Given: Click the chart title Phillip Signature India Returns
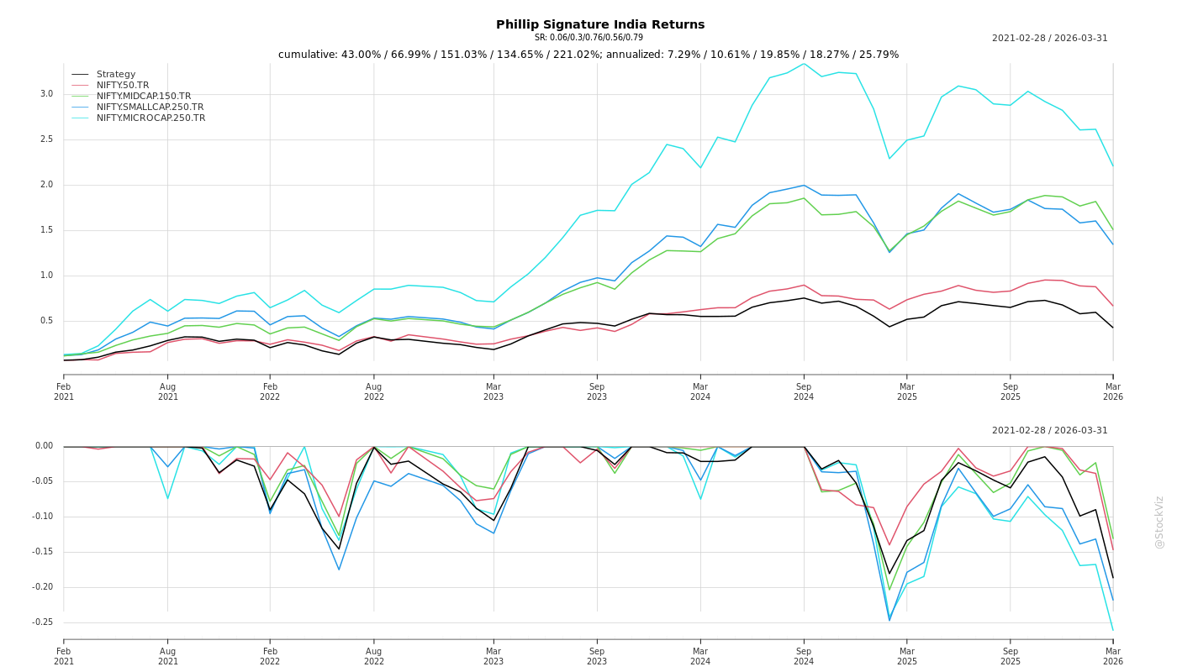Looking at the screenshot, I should [x=600, y=24].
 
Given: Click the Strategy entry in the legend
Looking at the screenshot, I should [x=116, y=75].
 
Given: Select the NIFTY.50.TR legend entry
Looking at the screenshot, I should [x=123, y=86].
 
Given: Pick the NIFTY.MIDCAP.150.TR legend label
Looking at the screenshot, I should [x=144, y=97].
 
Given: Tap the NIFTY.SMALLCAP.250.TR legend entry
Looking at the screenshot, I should [x=150, y=108].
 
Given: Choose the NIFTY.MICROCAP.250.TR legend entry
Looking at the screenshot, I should [x=151, y=118].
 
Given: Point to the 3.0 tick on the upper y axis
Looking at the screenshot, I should [x=46, y=94].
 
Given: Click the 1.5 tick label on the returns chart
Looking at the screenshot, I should [x=46, y=230].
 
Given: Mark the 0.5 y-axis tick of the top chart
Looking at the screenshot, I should [x=46, y=321].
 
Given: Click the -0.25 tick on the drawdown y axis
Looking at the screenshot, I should [x=42, y=622].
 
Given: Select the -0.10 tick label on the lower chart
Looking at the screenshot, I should [x=42, y=517].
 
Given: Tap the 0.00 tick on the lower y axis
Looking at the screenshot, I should [x=44, y=446].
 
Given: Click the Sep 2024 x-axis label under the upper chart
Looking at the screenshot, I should [x=804, y=391].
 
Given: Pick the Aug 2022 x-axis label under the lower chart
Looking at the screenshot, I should [x=373, y=656].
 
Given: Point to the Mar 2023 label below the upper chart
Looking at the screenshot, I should [x=493, y=391].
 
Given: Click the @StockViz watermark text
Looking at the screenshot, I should [x=1159, y=522].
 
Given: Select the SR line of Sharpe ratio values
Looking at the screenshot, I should [x=588, y=38].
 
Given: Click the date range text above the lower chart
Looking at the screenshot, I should [x=1049, y=431].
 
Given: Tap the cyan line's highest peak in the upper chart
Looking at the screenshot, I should [x=804, y=64].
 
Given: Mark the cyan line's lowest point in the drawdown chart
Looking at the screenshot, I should [x=1112, y=630].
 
